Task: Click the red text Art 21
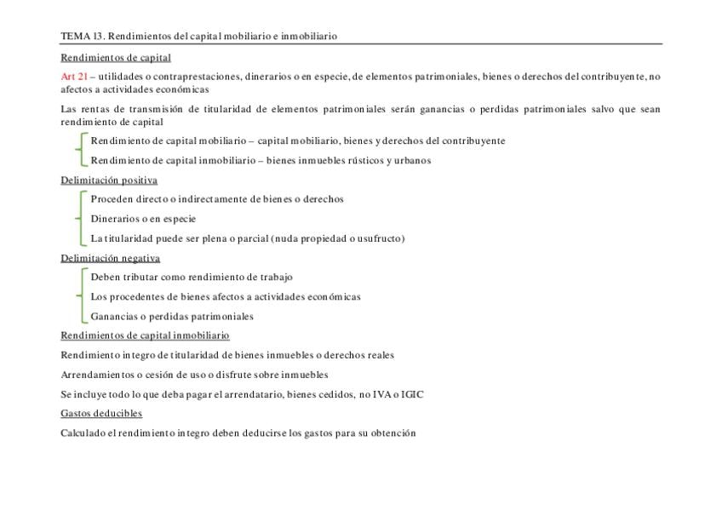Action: pyautogui.click(x=74, y=77)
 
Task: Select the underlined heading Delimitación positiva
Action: pyautogui.click(x=109, y=181)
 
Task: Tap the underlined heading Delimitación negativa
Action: pyautogui.click(x=110, y=258)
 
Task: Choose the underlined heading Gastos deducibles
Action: pyautogui.click(x=101, y=414)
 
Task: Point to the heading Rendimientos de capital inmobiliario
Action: pyautogui.click(x=145, y=335)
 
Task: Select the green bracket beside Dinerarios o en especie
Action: pyautogui.click(x=81, y=219)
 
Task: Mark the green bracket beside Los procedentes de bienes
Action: pyautogui.click(x=81, y=296)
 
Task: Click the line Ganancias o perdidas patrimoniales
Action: pyautogui.click(x=172, y=317)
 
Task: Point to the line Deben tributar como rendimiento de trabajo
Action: pyautogui.click(x=192, y=277)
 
